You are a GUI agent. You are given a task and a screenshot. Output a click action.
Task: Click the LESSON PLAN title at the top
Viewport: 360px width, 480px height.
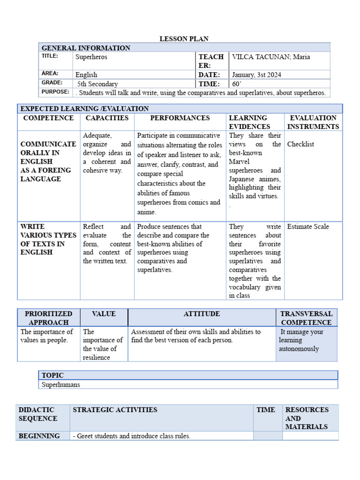click(184, 39)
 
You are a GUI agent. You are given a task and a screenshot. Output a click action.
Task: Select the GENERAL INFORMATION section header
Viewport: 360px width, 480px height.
click(86, 48)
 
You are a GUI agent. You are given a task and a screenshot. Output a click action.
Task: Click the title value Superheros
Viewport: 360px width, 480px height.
click(91, 57)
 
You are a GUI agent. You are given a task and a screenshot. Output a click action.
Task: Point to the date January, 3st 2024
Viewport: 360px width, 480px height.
click(256, 75)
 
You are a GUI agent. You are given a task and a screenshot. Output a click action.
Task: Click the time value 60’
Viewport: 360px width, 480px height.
click(236, 84)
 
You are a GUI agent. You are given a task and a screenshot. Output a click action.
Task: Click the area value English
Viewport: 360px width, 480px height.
click(86, 75)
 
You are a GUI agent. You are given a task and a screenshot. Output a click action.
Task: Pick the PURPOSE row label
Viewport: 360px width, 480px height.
click(55, 92)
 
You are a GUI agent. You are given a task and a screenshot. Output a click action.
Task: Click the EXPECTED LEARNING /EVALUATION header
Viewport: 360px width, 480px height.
click(84, 109)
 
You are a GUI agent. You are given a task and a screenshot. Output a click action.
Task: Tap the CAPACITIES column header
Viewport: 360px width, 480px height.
click(107, 118)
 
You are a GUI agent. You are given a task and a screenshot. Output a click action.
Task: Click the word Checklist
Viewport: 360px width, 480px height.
click(301, 144)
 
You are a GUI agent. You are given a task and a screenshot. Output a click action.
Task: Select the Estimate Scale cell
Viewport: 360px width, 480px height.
click(308, 226)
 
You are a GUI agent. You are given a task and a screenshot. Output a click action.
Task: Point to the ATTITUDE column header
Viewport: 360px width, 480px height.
click(202, 314)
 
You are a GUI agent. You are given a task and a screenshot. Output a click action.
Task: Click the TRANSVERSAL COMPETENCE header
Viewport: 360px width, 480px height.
click(306, 318)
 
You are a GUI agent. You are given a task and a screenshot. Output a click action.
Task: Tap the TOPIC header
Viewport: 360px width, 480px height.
click(52, 375)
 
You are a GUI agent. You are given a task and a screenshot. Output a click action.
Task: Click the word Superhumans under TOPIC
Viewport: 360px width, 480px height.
click(61, 384)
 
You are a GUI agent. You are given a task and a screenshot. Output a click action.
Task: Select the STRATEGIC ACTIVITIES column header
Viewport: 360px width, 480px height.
click(115, 410)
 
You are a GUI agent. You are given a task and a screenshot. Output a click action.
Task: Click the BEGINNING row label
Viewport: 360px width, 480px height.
click(39, 436)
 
